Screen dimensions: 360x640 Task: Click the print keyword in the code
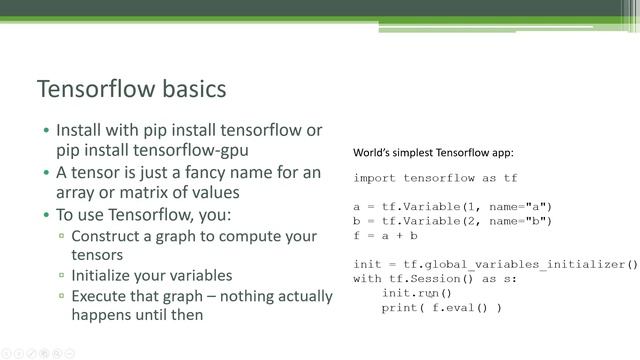[x=400, y=308]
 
